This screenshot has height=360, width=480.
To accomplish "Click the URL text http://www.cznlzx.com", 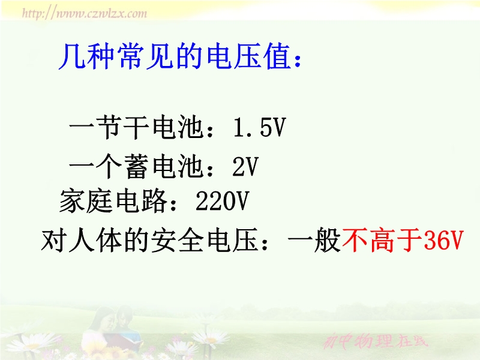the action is (85, 13).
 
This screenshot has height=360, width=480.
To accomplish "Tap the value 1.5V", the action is (259, 127).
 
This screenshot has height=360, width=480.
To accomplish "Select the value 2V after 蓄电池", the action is (245, 167).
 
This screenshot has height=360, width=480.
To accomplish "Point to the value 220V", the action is (223, 201).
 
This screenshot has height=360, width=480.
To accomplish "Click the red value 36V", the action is (444, 239).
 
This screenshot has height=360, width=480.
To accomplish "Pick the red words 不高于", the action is (383, 239).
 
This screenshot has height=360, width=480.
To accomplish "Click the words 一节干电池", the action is (137, 127).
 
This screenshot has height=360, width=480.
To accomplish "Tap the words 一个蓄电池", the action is (137, 167).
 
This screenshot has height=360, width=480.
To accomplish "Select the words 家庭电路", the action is (113, 201).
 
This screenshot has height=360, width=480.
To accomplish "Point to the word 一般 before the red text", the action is (314, 239).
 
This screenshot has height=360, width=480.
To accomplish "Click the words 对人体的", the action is (95, 239).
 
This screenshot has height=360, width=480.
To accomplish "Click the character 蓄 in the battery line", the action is (137, 167).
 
